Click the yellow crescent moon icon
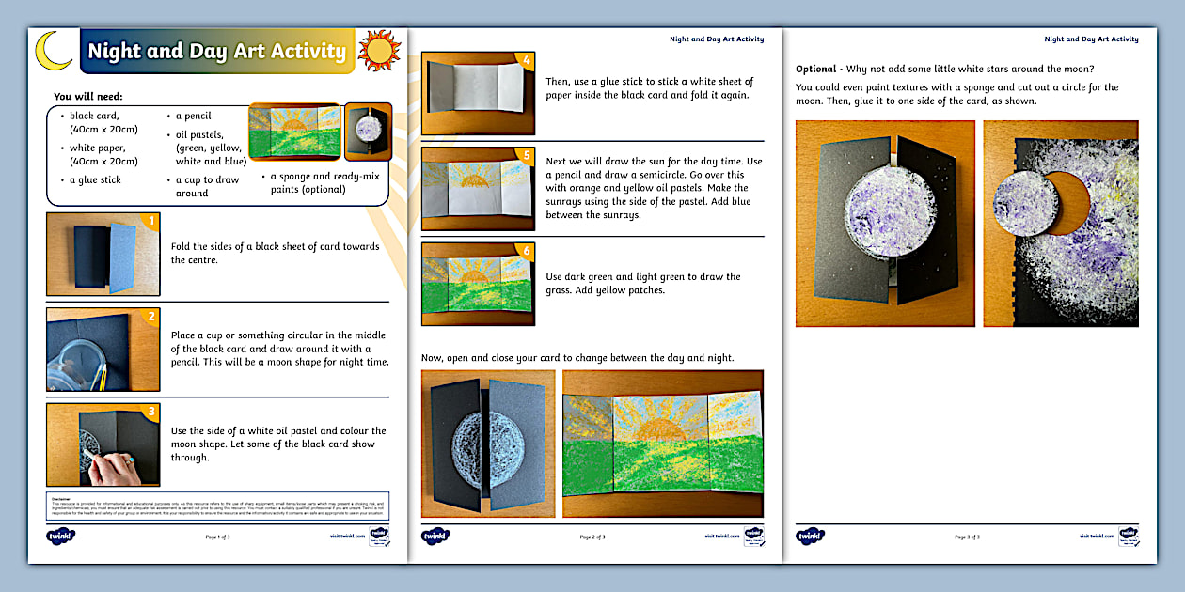point(53,51)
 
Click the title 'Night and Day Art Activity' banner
point(216,51)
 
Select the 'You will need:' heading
point(87,97)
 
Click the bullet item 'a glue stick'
point(95,179)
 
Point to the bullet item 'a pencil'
point(193,117)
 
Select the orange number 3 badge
point(149,413)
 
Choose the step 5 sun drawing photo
point(477,188)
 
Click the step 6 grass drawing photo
point(477,283)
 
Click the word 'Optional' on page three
point(815,69)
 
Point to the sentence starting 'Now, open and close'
point(577,358)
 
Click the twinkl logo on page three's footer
point(811,537)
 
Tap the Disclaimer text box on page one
point(217,505)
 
